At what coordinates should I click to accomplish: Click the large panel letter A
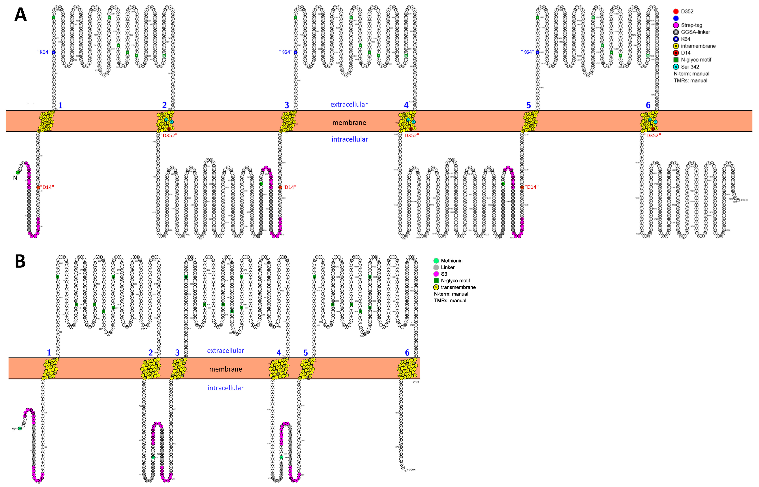tap(20, 15)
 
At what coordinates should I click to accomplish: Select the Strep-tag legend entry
tap(691, 25)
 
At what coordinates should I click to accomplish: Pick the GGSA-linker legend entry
tap(695, 32)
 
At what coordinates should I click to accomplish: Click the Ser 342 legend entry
tap(690, 67)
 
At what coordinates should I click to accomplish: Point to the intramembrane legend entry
tap(698, 46)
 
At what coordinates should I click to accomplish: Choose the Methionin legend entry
tap(451, 261)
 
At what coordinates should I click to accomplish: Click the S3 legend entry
tap(444, 274)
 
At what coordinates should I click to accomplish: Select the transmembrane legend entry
tap(458, 287)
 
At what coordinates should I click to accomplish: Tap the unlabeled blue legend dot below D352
tap(676, 18)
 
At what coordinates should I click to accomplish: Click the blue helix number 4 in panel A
tap(406, 105)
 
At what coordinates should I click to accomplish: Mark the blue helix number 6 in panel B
tap(407, 353)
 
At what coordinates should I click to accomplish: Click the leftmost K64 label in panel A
tap(44, 52)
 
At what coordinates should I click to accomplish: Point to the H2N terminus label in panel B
tap(14, 429)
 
